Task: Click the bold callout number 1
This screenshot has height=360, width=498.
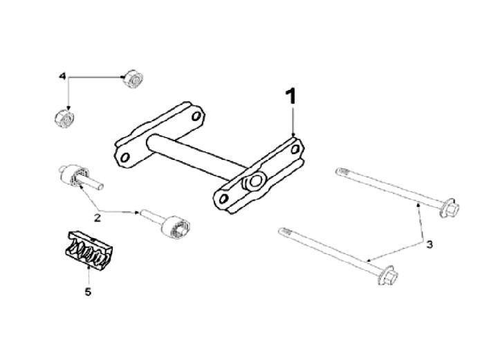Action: [292, 97]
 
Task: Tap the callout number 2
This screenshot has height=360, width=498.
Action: [98, 217]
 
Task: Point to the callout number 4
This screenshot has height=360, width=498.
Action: [63, 76]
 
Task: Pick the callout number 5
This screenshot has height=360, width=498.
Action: [88, 291]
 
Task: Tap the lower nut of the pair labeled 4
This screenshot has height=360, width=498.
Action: [64, 118]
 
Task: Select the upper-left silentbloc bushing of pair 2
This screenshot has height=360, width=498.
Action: [75, 175]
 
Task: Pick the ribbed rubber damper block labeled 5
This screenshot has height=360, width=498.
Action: [90, 250]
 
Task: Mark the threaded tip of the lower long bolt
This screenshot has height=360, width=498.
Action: [283, 232]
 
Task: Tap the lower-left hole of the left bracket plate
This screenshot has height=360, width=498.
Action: [124, 158]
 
